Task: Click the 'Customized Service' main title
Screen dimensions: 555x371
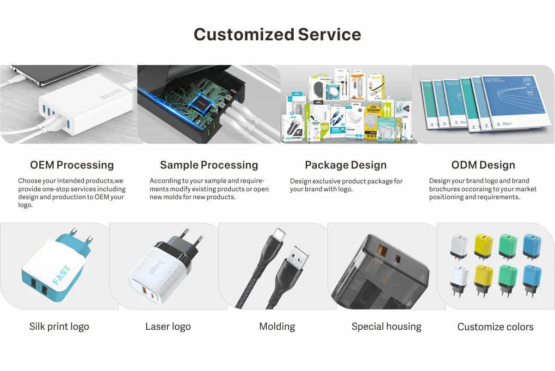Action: [277, 34]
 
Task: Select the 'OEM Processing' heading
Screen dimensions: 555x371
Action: [72, 165]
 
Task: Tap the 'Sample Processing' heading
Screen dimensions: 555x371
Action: [209, 165]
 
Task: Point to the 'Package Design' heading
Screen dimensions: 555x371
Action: [345, 165]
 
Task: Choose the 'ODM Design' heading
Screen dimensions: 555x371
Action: [483, 165]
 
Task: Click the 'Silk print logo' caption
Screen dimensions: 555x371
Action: [59, 327]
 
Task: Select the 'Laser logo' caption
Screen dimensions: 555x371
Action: [168, 327]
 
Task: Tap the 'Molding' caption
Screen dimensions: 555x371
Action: [277, 327]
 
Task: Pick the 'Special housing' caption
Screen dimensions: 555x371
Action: [386, 327]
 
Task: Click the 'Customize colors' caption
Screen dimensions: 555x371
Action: [495, 327]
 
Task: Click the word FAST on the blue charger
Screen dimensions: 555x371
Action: [62, 275]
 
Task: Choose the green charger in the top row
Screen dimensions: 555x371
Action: [507, 245]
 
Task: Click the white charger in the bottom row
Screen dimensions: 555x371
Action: [459, 278]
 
